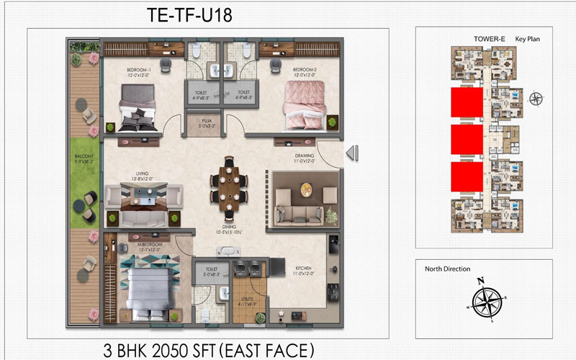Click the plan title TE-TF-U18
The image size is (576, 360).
tap(189, 15)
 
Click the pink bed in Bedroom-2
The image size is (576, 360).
tap(305, 105)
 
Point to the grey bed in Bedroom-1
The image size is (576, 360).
tap(138, 107)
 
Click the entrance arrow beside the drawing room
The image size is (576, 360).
tap(351, 153)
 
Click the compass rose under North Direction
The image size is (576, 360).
tap(484, 297)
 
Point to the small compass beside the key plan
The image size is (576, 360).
tap(536, 99)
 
